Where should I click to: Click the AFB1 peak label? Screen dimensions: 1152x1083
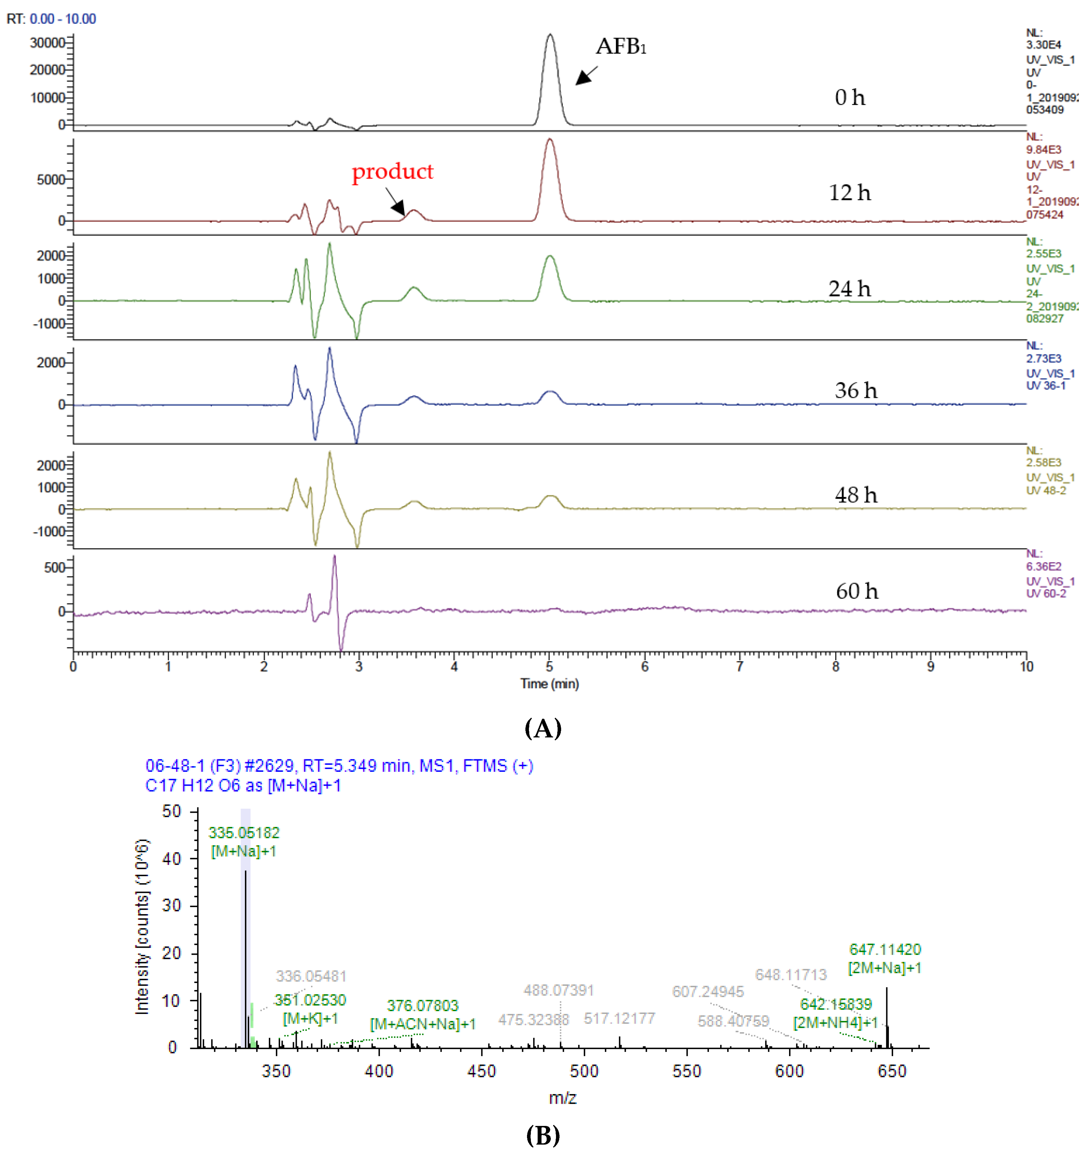(x=621, y=46)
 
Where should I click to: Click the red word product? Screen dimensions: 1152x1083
(x=392, y=172)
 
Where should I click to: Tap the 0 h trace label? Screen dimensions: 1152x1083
(x=850, y=97)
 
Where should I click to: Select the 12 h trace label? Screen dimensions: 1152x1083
(x=850, y=192)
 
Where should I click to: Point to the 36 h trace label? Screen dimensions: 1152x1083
(x=856, y=390)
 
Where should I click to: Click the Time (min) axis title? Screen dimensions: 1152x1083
(x=549, y=684)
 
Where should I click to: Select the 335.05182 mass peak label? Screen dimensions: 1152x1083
(x=244, y=833)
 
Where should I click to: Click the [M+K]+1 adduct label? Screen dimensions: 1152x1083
(x=311, y=1018)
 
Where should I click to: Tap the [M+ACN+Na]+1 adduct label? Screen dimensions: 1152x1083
(x=423, y=1024)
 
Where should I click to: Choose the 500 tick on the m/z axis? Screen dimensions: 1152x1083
(x=584, y=1071)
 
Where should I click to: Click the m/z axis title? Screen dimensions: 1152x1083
(x=563, y=1098)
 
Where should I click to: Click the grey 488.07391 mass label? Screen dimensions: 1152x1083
(x=559, y=990)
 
